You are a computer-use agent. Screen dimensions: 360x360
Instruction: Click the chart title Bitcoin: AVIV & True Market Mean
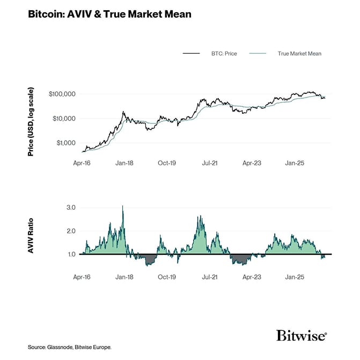[109, 14]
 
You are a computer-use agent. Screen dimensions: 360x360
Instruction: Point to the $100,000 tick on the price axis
[62, 94]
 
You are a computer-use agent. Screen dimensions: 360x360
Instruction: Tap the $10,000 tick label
[63, 119]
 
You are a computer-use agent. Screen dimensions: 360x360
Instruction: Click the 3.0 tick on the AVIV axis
[71, 208]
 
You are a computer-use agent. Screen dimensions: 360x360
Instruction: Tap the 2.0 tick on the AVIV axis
[71, 231]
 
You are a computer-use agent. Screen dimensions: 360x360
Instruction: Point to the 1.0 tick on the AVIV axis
[71, 254]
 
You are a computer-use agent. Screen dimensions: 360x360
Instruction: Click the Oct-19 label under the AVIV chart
[167, 277]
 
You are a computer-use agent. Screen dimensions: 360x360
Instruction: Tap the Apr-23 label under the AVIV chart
[252, 277]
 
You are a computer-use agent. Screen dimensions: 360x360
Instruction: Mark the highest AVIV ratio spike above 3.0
[123, 206]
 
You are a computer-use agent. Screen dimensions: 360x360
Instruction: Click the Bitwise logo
[301, 336]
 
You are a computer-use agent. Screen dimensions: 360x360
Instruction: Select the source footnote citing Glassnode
[70, 348]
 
